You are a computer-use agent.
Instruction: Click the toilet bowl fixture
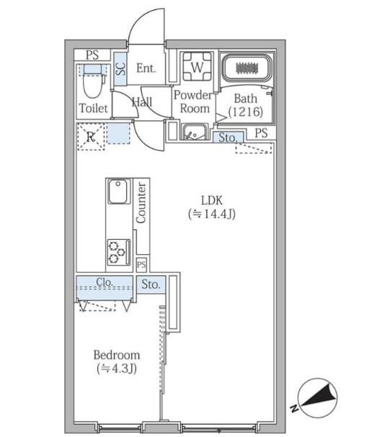[x=93, y=81]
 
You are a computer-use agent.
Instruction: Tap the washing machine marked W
[x=197, y=67]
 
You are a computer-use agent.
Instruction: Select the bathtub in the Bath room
[x=245, y=68]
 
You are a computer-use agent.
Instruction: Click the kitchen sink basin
[x=119, y=192]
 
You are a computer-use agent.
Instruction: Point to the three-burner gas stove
[x=119, y=252]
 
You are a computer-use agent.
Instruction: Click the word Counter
[x=141, y=203]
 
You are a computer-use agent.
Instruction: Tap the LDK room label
[x=212, y=200]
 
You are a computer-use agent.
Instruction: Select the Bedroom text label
[x=117, y=355]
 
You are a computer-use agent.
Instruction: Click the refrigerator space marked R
[x=91, y=137]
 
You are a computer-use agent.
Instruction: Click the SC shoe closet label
[x=120, y=69]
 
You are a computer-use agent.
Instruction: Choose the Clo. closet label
[x=104, y=282]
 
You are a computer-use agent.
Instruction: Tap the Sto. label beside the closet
[x=151, y=284]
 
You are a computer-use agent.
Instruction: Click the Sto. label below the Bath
[x=228, y=138]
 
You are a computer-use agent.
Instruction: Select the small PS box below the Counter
[x=141, y=264]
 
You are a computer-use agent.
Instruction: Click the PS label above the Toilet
[x=92, y=55]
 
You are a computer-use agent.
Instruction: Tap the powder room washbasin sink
[x=195, y=132]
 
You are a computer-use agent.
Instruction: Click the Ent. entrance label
[x=146, y=68]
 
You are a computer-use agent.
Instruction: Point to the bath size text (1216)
[x=246, y=112]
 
